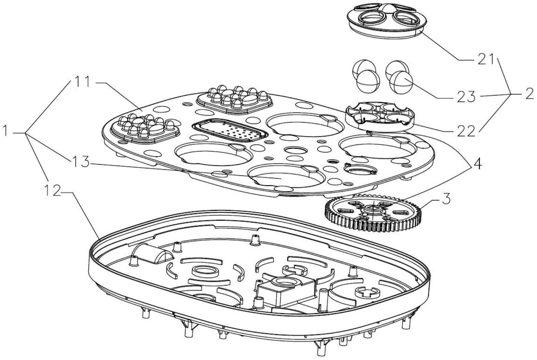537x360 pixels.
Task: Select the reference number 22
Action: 465,131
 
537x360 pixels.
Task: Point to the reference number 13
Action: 80,162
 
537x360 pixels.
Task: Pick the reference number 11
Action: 81,82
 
